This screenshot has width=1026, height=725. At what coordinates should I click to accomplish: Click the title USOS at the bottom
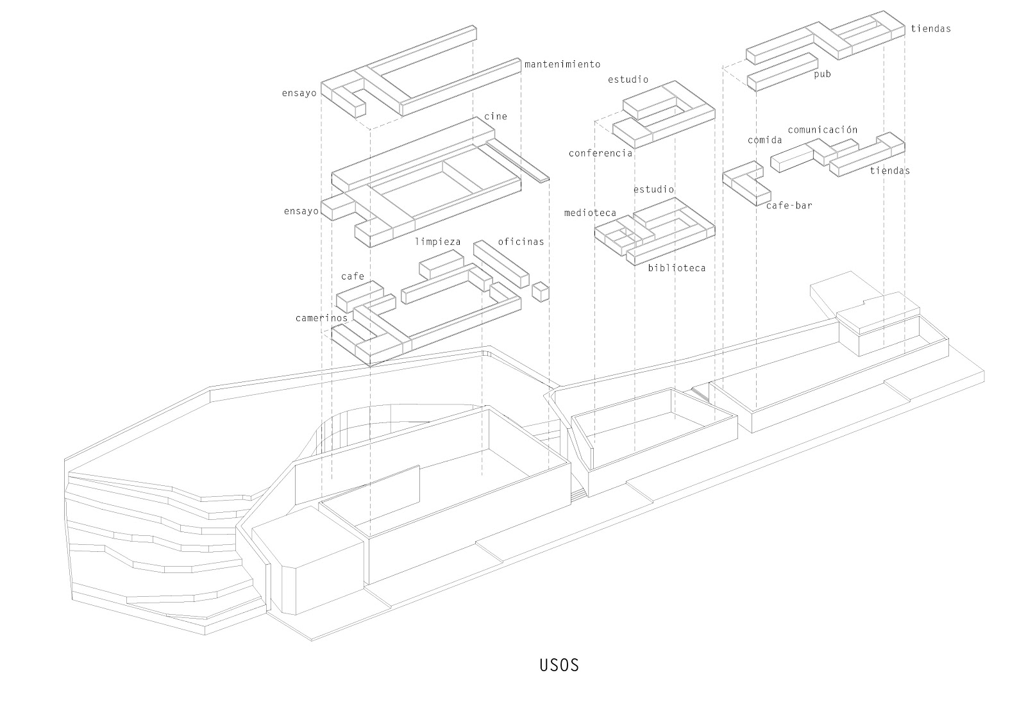559,665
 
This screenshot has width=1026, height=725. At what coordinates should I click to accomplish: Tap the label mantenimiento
562,64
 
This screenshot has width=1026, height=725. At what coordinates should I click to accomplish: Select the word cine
496,116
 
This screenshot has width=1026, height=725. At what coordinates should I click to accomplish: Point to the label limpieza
438,242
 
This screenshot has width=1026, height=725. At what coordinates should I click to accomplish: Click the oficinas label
521,242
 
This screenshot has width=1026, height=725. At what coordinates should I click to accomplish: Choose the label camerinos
321,318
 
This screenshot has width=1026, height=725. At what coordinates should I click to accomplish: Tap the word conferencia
600,153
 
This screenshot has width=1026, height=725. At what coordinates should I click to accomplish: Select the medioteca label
590,213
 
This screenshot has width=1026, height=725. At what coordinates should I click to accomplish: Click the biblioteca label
677,268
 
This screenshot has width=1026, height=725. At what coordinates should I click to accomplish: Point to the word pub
822,74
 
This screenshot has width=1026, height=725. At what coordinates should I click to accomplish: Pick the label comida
764,140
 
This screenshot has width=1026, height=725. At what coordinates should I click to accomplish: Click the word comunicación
823,129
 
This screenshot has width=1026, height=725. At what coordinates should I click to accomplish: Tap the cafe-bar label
789,205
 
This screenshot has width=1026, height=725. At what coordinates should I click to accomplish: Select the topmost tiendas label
930,28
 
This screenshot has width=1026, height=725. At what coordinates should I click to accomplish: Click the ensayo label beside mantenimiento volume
299,93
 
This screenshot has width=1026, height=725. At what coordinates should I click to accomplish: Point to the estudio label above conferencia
628,79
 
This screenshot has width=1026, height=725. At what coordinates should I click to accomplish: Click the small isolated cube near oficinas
541,291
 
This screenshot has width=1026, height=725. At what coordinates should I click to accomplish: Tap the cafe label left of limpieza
353,276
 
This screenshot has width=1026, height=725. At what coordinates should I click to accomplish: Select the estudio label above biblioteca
653,189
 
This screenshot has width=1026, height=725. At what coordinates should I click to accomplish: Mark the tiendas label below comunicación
890,171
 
